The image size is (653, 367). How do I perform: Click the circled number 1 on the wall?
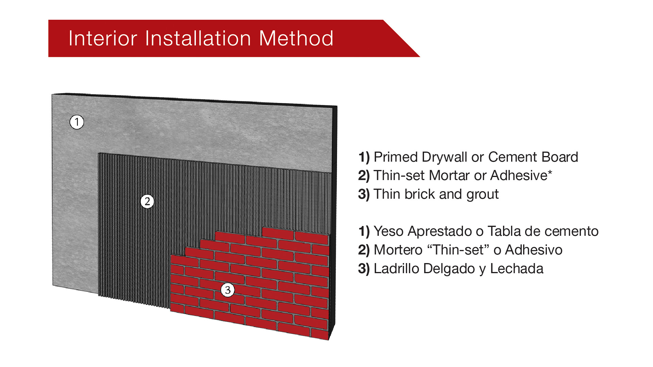click(x=77, y=122)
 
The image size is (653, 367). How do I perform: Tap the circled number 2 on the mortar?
click(x=147, y=202)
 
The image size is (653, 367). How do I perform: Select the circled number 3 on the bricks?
click(x=228, y=290)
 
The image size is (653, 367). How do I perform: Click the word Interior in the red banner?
click(x=103, y=38)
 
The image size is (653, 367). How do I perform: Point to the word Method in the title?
click(x=296, y=38)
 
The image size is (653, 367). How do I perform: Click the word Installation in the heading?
click(x=198, y=38)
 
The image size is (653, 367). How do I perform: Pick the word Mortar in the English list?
click(x=449, y=176)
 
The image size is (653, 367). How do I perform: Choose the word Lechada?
click(x=517, y=269)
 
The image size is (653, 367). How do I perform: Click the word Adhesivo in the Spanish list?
click(x=534, y=250)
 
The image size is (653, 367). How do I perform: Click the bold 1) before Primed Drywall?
click(x=364, y=157)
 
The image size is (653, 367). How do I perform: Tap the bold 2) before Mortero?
click(x=364, y=250)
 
